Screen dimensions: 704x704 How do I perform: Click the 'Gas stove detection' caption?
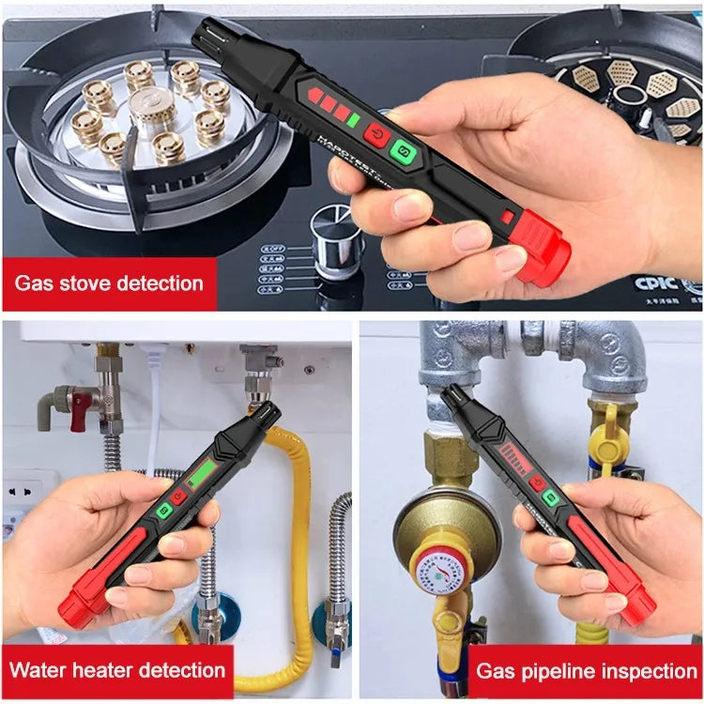click(109, 283)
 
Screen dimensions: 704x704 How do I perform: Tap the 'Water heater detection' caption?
click(117, 670)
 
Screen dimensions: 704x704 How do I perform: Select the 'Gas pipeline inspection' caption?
click(586, 670)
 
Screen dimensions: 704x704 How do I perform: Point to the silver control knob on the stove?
click(338, 243)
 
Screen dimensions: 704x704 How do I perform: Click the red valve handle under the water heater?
click(82, 408)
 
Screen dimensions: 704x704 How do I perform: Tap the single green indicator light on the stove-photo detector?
click(353, 120)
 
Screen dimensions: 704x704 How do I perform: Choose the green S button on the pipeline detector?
click(551, 498)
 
